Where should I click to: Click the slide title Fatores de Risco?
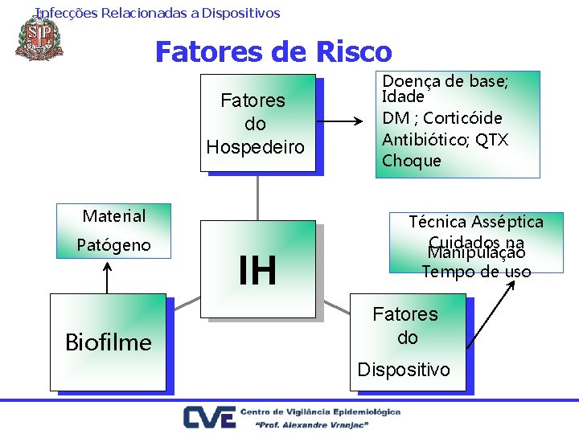[273, 52]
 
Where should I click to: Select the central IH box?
[257, 270]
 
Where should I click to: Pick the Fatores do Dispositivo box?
[406, 341]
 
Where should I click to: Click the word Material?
[114, 216]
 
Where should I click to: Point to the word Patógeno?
[113, 244]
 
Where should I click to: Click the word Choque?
[412, 161]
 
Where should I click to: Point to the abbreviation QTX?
[491, 140]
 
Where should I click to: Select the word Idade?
[403, 97]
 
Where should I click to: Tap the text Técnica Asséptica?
[476, 222]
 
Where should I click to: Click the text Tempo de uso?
[476, 272]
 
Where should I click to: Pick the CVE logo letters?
[210, 418]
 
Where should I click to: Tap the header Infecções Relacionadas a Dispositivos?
[158, 13]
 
